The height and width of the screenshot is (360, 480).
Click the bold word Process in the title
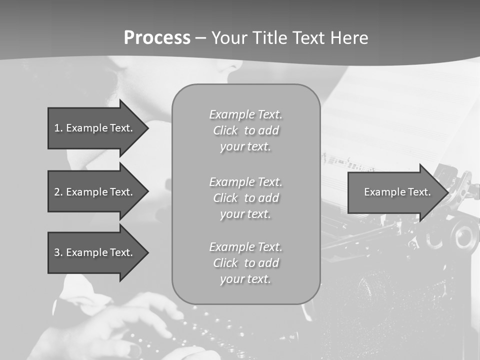(x=157, y=38)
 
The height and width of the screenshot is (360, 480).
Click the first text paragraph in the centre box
(x=245, y=130)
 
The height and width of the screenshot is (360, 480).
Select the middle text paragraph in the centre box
(x=245, y=198)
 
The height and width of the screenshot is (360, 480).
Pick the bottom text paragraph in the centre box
(x=245, y=263)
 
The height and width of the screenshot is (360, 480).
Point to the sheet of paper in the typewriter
(x=400, y=115)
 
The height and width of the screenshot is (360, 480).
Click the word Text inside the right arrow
(x=419, y=192)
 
